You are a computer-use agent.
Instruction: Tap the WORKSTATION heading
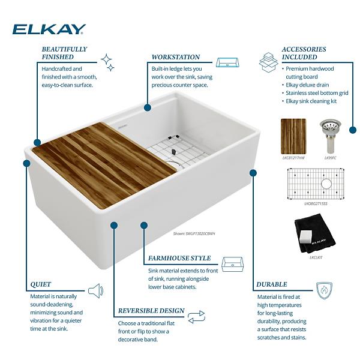[x=176, y=57]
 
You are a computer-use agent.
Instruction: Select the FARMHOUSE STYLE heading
[x=179, y=259]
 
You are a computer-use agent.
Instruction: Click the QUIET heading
[x=40, y=284]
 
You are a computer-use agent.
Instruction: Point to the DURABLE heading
[x=272, y=284]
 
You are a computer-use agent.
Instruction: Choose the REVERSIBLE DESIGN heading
[x=151, y=310]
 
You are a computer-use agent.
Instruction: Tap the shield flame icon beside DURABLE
[x=325, y=290]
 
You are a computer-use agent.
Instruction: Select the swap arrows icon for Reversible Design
[x=196, y=316]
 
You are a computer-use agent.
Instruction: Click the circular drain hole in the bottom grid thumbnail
[x=326, y=183]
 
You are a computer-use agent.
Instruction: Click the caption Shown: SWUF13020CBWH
[x=193, y=235]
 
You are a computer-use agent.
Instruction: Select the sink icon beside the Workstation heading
[x=227, y=63]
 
